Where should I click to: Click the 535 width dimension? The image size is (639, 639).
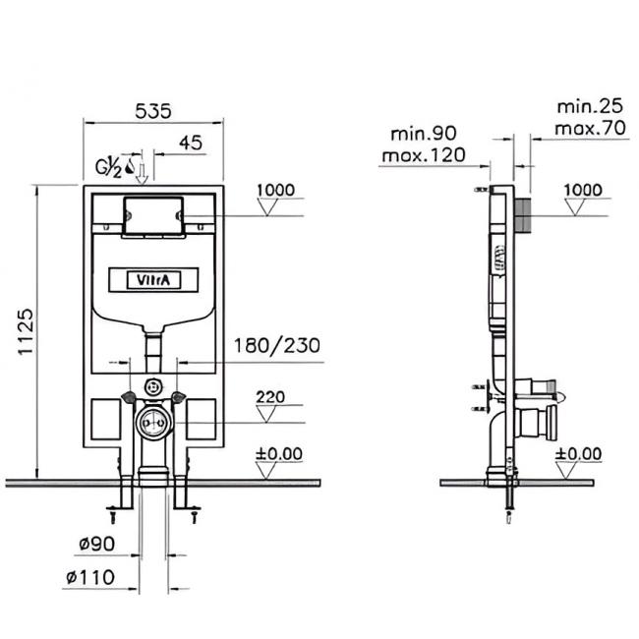pos(153,111)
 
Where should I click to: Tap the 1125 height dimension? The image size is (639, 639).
pos(27,332)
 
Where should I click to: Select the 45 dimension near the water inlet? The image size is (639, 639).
pos(191,144)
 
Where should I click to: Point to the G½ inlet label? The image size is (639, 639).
pos(109,168)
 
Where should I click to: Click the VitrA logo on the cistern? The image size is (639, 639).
pos(153,280)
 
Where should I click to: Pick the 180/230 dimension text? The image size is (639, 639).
pos(276,346)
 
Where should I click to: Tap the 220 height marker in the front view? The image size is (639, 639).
pos(270,397)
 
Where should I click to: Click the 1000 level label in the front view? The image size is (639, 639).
pos(276,190)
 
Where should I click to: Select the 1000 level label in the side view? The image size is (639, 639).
pos(583,190)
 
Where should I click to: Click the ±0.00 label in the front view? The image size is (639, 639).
pos(279,453)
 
